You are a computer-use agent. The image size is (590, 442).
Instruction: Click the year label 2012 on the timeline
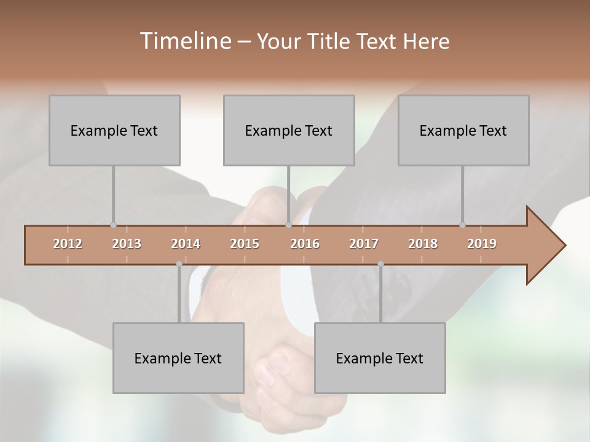pos(68,244)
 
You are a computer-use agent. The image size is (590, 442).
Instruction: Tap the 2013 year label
pos(127,244)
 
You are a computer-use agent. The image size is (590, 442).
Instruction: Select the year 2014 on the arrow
pos(186,244)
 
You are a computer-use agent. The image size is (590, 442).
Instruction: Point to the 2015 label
pos(245,244)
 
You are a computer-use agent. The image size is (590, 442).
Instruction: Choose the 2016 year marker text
pos(305,244)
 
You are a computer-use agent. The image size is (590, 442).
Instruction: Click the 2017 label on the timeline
pos(364,244)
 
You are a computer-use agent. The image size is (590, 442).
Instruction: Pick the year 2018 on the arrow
pos(423,244)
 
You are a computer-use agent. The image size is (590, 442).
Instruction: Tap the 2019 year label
pos(482,244)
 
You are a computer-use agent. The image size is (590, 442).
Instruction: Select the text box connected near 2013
pos(114,130)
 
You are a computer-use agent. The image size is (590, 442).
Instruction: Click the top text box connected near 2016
pos(289,130)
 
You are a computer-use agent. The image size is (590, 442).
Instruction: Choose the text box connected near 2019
pos(463,130)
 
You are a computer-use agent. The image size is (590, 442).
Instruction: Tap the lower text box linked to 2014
pos(178,358)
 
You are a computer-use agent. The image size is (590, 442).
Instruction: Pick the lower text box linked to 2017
pos(380,358)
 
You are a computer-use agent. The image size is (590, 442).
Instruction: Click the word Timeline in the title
pos(184,41)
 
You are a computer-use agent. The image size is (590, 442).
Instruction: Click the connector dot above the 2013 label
pos(113,225)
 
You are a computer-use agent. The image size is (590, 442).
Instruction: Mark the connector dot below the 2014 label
pos(179,264)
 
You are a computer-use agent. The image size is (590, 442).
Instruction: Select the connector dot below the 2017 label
pos(380,264)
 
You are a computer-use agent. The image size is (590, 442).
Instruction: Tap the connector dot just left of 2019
pos(462,225)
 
